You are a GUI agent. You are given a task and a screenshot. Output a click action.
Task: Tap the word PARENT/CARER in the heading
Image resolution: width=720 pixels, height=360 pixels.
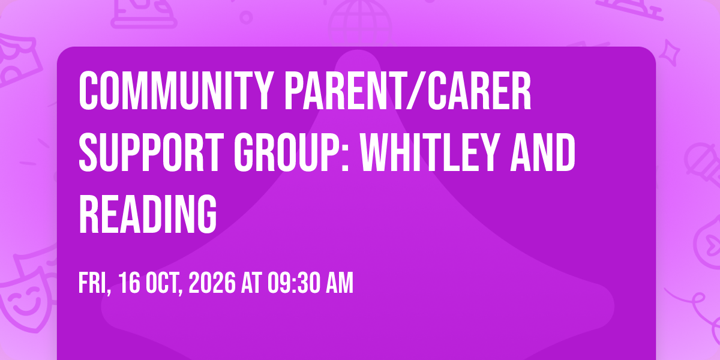point(408,91)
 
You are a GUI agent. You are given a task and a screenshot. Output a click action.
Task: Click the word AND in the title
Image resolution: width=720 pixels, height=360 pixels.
point(543,152)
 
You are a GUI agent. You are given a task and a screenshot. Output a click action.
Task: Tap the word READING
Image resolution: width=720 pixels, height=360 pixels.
point(148,214)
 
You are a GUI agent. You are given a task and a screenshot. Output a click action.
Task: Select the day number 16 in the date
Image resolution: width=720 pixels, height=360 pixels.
point(129,283)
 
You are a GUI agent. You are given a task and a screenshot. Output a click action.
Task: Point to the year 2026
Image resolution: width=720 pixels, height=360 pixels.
point(212,283)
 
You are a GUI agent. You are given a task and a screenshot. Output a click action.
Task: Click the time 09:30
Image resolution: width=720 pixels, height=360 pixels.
point(294,283)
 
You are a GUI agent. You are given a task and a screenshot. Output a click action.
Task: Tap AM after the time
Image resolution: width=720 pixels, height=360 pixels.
point(340,283)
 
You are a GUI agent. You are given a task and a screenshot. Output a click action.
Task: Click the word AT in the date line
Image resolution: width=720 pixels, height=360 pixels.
point(251,283)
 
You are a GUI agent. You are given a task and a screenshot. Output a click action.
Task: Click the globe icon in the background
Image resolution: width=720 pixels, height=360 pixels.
point(360,22)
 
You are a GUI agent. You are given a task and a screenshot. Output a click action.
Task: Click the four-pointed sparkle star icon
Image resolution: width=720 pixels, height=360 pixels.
point(669,53)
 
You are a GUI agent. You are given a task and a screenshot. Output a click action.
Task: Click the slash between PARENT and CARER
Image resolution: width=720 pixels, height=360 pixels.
point(413,91)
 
